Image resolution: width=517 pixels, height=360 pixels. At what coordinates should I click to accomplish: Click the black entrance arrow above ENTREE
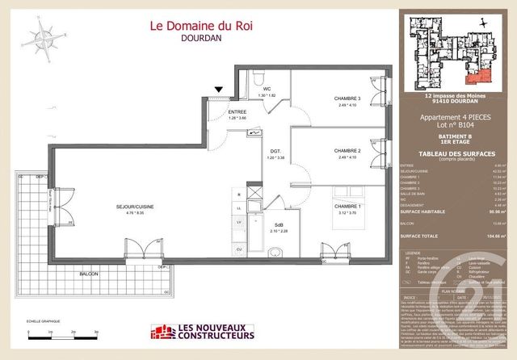pyautogui.click(x=216, y=90)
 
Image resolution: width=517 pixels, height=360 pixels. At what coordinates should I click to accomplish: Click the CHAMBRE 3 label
pyautogui.click(x=348, y=99)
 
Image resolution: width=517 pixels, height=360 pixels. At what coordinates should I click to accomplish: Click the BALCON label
pyautogui.click(x=90, y=274)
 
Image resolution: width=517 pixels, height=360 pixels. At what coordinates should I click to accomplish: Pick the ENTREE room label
pyautogui.click(x=214, y=112)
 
